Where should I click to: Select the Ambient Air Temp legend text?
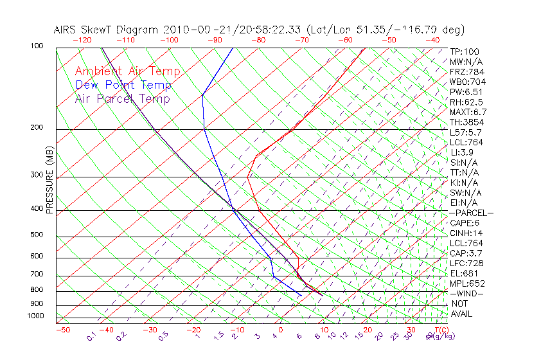[x=127, y=71]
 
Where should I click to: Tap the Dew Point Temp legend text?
[x=123, y=85]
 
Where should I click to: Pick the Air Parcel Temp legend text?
[x=122, y=98]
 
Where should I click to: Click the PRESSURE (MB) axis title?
[x=49, y=181]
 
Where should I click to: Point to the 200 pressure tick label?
[x=37, y=128]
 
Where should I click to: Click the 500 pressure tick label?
[x=37, y=235]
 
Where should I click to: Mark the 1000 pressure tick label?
[x=35, y=316]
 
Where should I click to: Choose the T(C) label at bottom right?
[x=440, y=330]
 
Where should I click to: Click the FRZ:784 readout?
[x=466, y=71]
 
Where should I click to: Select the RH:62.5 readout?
[x=466, y=102]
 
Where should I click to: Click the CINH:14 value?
[x=466, y=233]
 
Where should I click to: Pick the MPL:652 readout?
[x=466, y=283]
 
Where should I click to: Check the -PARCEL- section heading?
[x=471, y=213]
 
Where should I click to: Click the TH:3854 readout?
[x=466, y=122]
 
